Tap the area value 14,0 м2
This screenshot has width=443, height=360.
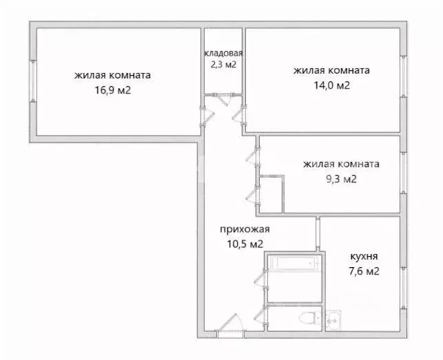coord(331,85)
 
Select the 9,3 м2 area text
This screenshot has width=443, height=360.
coord(340,180)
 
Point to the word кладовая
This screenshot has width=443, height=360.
coord(223,54)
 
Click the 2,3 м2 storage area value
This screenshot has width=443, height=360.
coord(223,65)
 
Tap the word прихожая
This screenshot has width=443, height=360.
coord(244,230)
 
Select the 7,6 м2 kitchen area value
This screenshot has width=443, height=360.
coord(363,271)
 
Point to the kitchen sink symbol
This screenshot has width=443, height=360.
coord(333,318)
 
